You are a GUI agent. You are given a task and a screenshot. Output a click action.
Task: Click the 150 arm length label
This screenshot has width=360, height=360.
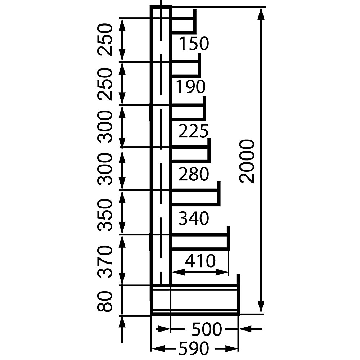194,44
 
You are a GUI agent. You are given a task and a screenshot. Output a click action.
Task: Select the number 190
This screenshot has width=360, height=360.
190,87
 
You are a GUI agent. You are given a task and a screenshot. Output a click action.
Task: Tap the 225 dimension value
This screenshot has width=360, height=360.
193,131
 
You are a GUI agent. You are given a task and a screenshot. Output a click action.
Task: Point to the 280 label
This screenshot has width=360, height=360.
194,174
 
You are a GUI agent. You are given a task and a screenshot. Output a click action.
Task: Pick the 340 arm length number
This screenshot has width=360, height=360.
194,218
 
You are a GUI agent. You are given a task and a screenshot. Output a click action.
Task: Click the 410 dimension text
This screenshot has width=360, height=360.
200,261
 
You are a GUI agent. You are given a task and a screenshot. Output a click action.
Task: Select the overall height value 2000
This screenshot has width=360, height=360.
247,161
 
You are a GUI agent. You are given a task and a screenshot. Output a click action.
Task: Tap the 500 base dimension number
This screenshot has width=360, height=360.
207,329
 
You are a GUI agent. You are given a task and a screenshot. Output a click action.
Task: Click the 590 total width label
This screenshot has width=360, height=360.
194,348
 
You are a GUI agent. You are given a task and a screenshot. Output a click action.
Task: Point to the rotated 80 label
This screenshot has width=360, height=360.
105,301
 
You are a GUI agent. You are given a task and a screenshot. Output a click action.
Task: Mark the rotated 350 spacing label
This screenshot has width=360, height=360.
105,215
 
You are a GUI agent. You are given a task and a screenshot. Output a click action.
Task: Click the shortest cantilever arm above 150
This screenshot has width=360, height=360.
184,21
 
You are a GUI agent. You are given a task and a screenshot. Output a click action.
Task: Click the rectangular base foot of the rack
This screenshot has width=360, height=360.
195,300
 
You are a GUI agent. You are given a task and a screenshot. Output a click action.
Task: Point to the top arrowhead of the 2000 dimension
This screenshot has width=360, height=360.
261,14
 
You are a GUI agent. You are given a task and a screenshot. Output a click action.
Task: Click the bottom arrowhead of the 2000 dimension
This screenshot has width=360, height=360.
261,307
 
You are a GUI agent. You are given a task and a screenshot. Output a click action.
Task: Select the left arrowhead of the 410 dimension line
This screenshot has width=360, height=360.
178,272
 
